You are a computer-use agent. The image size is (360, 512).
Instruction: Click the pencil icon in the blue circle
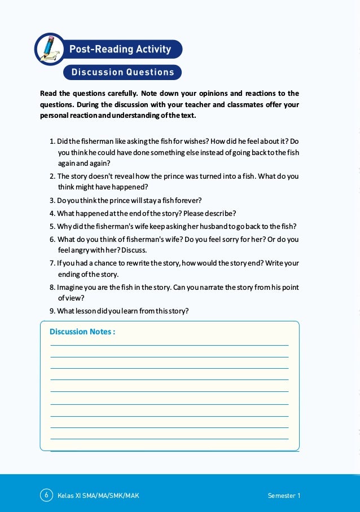click(50, 49)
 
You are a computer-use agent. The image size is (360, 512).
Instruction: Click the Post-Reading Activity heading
click(120, 49)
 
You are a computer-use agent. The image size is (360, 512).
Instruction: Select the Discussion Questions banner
click(122, 72)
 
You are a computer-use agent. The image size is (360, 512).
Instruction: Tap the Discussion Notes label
click(82, 332)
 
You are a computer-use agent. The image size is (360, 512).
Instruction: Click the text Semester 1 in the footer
click(284, 496)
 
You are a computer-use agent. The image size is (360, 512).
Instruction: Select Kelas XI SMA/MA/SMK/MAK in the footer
click(98, 496)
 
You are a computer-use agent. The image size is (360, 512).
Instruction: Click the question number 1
click(52, 140)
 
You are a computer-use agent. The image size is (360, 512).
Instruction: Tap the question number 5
click(52, 226)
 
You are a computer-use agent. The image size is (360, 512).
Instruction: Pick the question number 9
click(52, 311)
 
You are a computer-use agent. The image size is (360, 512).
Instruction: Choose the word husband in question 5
click(207, 226)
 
